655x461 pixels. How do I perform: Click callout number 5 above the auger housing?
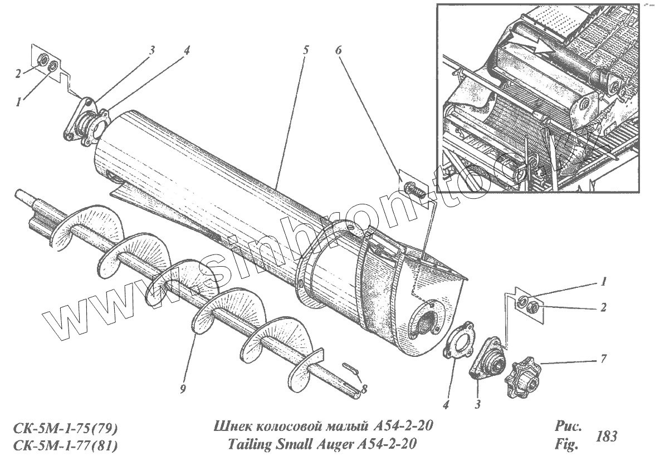tap(305, 49)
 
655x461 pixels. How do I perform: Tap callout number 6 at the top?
tap(339, 49)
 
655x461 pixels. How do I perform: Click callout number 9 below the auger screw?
tap(183, 390)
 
